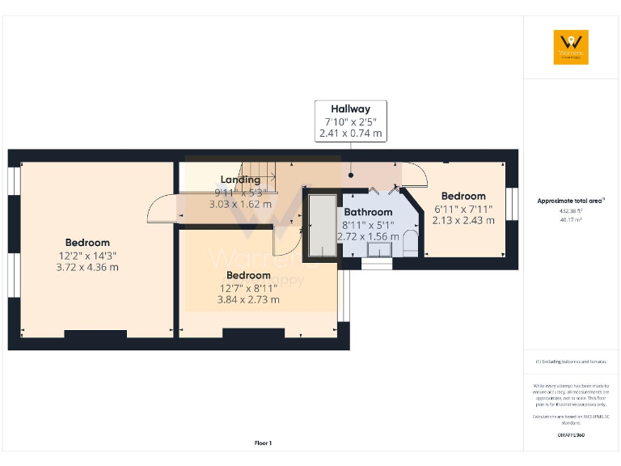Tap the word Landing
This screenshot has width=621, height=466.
pos(240,180)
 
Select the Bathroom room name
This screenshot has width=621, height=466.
pos(368,212)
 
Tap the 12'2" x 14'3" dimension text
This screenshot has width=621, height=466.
pos(87,255)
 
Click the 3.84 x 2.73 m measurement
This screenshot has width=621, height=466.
pos(248,299)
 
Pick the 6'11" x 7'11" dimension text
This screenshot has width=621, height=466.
pos(463,208)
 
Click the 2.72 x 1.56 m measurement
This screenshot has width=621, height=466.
pos(368,236)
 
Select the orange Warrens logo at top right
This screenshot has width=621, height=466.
pos(570,47)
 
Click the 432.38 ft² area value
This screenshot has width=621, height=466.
pos(570,210)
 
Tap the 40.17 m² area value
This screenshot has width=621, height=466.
pos(570,219)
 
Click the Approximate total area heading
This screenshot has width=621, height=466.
pos(570,201)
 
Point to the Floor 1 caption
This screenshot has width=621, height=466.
pos(263,443)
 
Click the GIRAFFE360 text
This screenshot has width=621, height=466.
pos(570,435)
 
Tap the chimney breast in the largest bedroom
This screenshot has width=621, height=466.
pos(95,333)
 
